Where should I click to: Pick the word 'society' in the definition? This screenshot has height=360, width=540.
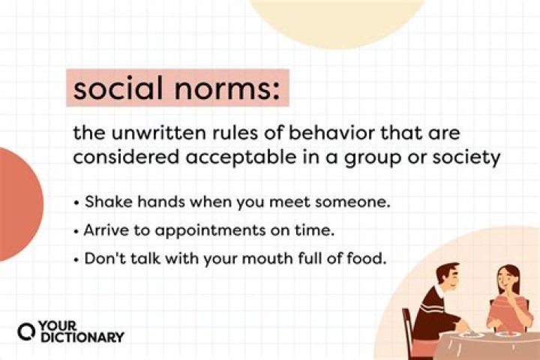point(464,160)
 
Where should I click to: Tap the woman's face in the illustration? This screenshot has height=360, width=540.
point(503,281)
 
